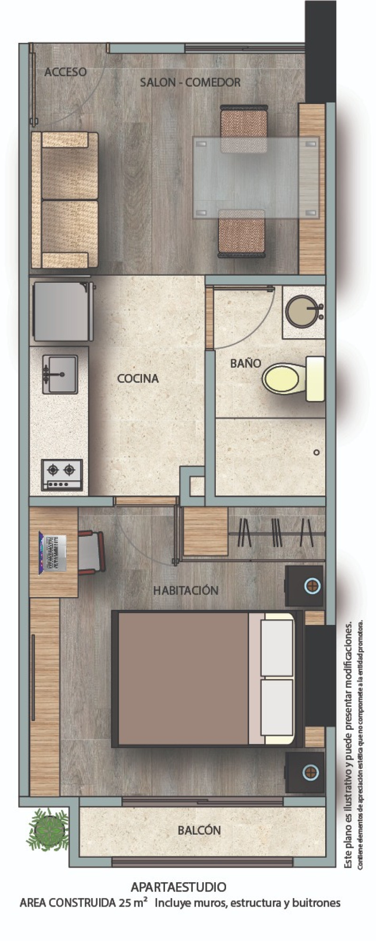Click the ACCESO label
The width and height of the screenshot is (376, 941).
pyautogui.click(x=65, y=72)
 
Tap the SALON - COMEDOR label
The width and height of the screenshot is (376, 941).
pyautogui.click(x=190, y=82)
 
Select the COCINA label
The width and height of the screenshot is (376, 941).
pyautogui.click(x=138, y=378)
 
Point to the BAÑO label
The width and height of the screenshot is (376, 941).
pyautogui.click(x=245, y=363)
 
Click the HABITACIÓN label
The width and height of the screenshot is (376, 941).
pyautogui.click(x=186, y=590)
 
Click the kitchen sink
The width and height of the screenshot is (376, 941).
pyautogui.click(x=60, y=374)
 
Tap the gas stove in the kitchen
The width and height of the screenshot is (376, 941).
pyautogui.click(x=62, y=475)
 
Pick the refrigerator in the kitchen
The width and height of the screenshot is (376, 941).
pyautogui.click(x=63, y=311)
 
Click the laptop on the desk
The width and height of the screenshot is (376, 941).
pyautogui.click(x=53, y=552)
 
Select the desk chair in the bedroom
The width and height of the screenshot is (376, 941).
pyautogui.click(x=91, y=552)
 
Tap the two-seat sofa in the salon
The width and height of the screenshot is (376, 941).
pyautogui.click(x=65, y=200)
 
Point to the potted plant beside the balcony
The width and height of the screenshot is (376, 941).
pyautogui.click(x=47, y=829)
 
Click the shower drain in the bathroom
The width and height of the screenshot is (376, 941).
pyautogui.click(x=316, y=452)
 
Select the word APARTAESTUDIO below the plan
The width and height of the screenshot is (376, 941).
pyautogui.click(x=179, y=887)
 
